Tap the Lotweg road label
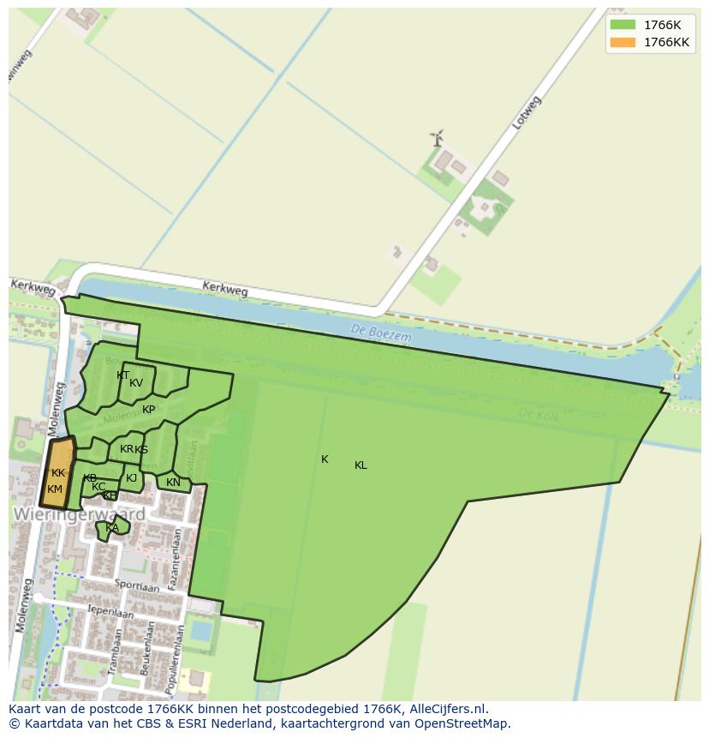click(x=527, y=112)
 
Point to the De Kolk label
click(x=539, y=414)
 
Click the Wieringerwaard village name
click(x=79, y=514)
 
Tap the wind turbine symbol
click(x=437, y=138)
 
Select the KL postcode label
click(x=360, y=465)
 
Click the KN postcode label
click(x=173, y=483)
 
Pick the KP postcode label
click(x=149, y=410)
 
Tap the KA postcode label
click(x=112, y=527)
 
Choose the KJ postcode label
click(x=131, y=478)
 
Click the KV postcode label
click(x=136, y=383)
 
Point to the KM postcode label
click(x=55, y=489)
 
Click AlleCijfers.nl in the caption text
click(x=446, y=709)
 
